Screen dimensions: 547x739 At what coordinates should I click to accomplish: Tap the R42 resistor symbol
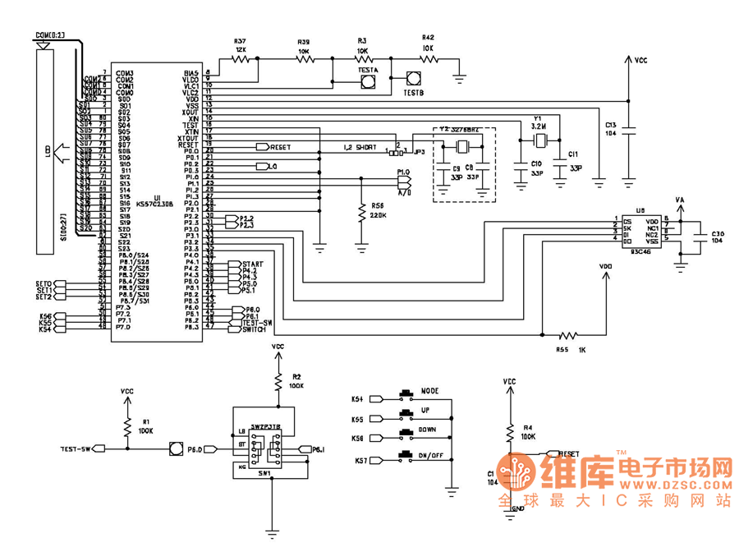tap(428, 59)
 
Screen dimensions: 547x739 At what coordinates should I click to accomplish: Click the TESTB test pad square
tap(413, 80)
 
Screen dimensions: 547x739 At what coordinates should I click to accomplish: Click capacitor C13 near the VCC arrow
tap(629, 129)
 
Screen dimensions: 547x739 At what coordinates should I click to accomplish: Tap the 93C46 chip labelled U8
tap(643, 230)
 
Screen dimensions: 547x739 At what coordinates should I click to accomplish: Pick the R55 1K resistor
tap(566, 335)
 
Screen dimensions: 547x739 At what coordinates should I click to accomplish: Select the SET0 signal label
tap(44, 283)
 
